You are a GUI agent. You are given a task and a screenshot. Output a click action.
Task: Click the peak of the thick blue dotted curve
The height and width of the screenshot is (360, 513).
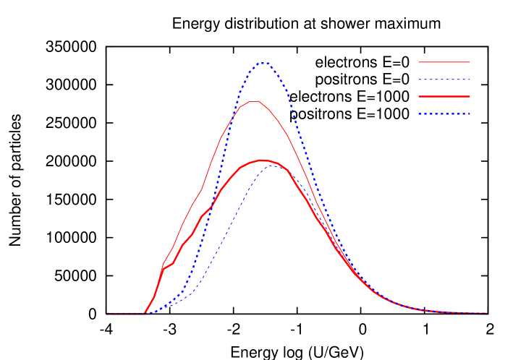[x=263, y=63]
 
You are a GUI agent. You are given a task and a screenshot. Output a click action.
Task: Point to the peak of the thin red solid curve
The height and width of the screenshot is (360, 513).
[x=255, y=100]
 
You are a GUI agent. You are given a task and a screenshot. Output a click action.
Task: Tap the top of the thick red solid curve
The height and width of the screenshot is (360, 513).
[x=261, y=160]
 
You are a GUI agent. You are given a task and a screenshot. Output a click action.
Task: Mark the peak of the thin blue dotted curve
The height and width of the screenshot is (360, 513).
[x=274, y=165]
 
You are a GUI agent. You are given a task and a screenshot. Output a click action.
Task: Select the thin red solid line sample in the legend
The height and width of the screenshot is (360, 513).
[x=444, y=62]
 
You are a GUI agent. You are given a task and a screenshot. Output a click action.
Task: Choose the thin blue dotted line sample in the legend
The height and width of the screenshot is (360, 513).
[x=444, y=80]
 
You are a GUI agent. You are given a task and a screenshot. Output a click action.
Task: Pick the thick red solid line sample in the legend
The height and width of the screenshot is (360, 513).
[x=444, y=97]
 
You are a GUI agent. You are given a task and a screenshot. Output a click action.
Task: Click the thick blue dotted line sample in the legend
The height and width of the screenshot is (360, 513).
[x=444, y=114]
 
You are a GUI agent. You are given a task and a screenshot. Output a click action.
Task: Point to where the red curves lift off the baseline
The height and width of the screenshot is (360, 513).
[x=145, y=313]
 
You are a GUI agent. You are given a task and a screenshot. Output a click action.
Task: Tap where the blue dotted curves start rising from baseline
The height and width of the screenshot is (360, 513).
[x=150, y=312]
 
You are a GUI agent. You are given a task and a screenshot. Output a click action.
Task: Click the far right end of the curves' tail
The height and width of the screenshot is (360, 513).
[x=487, y=313]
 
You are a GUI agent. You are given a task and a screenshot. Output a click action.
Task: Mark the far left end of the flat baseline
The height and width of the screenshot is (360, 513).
[x=108, y=313]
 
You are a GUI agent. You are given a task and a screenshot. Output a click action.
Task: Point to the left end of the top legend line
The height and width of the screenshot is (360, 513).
[x=419, y=62]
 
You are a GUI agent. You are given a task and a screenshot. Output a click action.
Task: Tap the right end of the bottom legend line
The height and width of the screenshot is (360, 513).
[x=470, y=114]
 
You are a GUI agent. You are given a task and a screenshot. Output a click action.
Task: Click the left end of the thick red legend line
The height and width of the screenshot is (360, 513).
[x=419, y=97]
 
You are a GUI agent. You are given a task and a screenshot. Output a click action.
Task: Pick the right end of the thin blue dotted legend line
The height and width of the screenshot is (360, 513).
[x=470, y=80]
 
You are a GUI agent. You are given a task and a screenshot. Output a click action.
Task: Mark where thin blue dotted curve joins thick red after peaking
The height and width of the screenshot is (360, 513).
[x=288, y=171]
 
